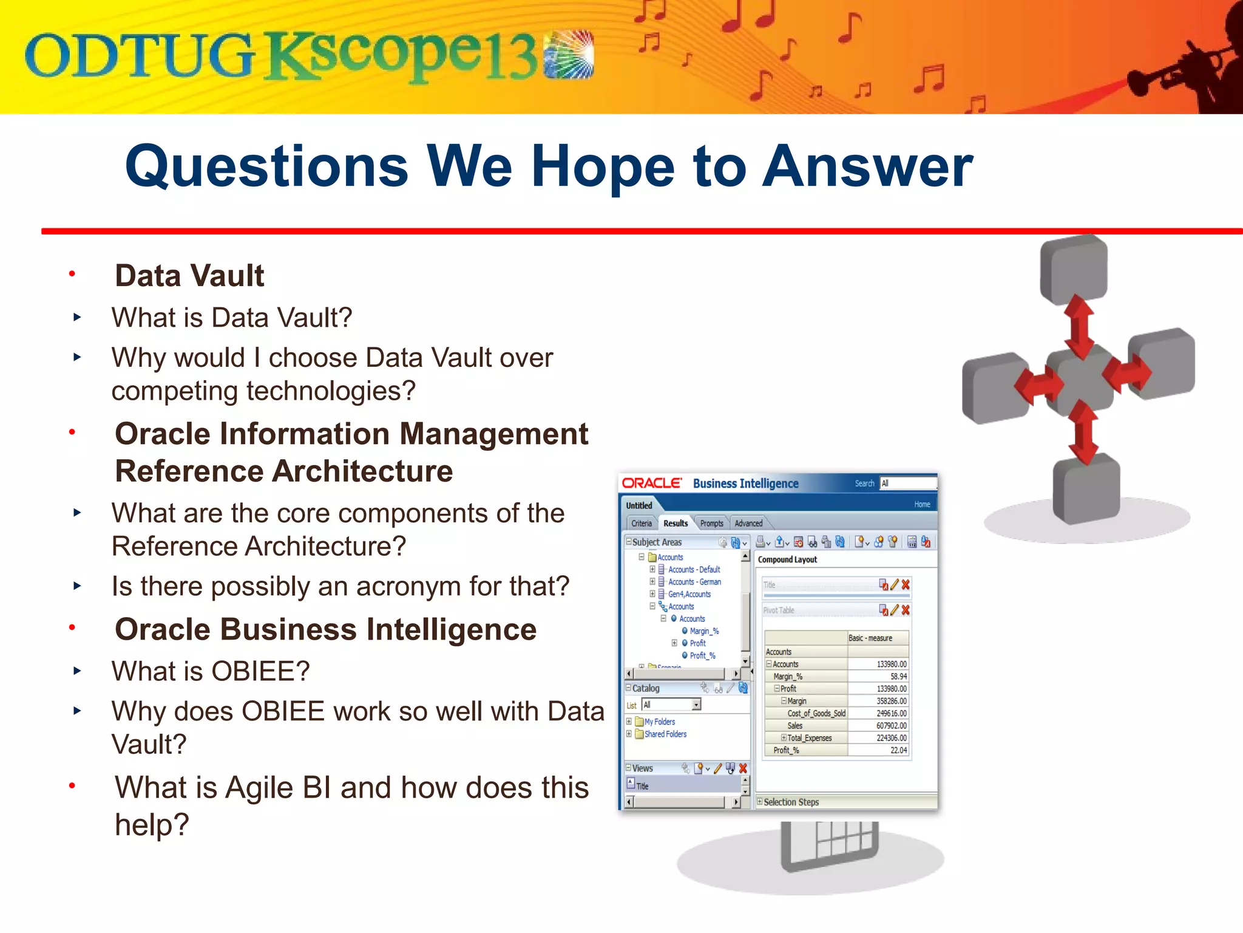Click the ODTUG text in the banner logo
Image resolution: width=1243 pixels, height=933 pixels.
(x=138, y=56)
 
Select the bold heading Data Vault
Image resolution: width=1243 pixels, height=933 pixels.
(x=189, y=276)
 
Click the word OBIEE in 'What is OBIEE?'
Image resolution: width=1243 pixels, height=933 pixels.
(x=260, y=672)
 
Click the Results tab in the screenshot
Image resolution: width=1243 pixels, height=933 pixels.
(x=675, y=523)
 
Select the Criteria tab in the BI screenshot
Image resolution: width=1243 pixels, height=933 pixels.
(x=641, y=523)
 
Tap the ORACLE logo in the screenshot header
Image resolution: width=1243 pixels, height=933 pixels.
(x=652, y=484)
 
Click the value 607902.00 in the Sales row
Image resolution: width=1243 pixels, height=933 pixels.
(x=891, y=726)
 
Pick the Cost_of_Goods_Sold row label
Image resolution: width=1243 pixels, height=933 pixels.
(x=816, y=714)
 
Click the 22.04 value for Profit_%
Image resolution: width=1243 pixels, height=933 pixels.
(x=898, y=751)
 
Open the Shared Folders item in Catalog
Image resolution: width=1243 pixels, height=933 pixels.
(x=665, y=734)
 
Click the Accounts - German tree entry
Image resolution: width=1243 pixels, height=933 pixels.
(x=694, y=582)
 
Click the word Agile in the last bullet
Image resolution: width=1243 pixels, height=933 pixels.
(x=262, y=788)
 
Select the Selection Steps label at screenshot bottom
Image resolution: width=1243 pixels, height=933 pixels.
(x=791, y=802)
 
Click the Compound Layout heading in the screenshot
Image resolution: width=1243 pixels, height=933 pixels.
(x=787, y=559)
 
